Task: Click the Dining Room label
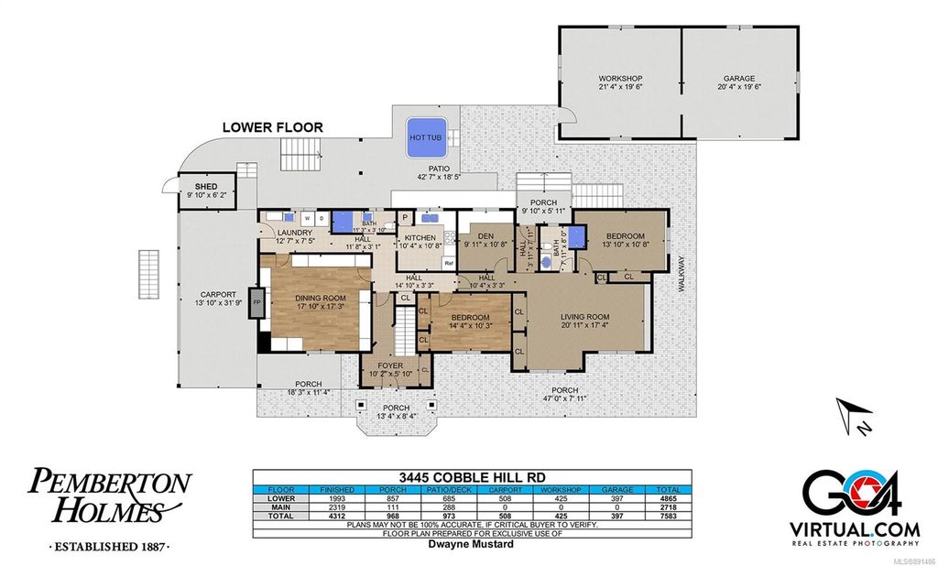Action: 318,298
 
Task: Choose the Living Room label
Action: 585,316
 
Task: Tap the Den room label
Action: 485,235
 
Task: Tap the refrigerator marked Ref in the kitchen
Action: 449,263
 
